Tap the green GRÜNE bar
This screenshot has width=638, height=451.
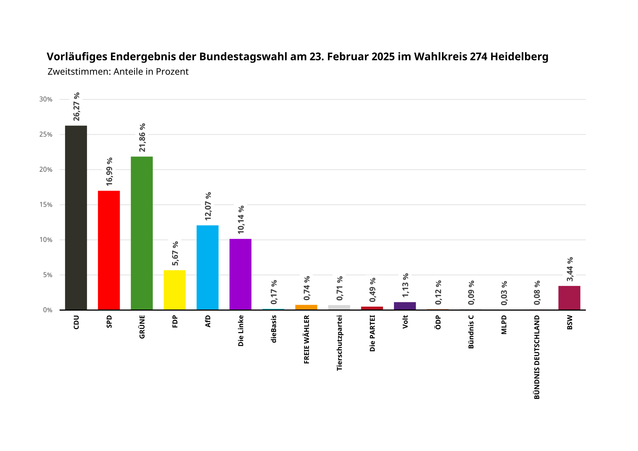coord(142,233)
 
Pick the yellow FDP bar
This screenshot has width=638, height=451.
coord(175,290)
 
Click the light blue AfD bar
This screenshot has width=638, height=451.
coord(207,267)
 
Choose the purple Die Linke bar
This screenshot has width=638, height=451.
coord(240,274)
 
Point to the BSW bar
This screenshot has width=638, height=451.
coord(569,298)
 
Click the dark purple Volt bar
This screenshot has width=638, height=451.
coord(405,306)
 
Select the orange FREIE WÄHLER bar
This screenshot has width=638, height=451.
coord(306,307)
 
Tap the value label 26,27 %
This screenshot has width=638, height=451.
coord(76,107)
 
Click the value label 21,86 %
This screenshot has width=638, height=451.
coord(142,137)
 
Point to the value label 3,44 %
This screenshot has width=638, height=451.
coord(570,269)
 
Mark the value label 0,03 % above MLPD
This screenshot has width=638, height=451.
coord(504,293)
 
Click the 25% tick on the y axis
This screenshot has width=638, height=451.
coord(46,135)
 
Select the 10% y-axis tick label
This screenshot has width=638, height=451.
coord(46,240)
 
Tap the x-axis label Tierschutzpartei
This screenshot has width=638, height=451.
coord(339,343)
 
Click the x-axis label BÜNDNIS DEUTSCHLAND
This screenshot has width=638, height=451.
coord(537,357)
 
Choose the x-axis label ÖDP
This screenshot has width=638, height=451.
coord(438,323)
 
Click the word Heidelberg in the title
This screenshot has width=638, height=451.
coord(519,57)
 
